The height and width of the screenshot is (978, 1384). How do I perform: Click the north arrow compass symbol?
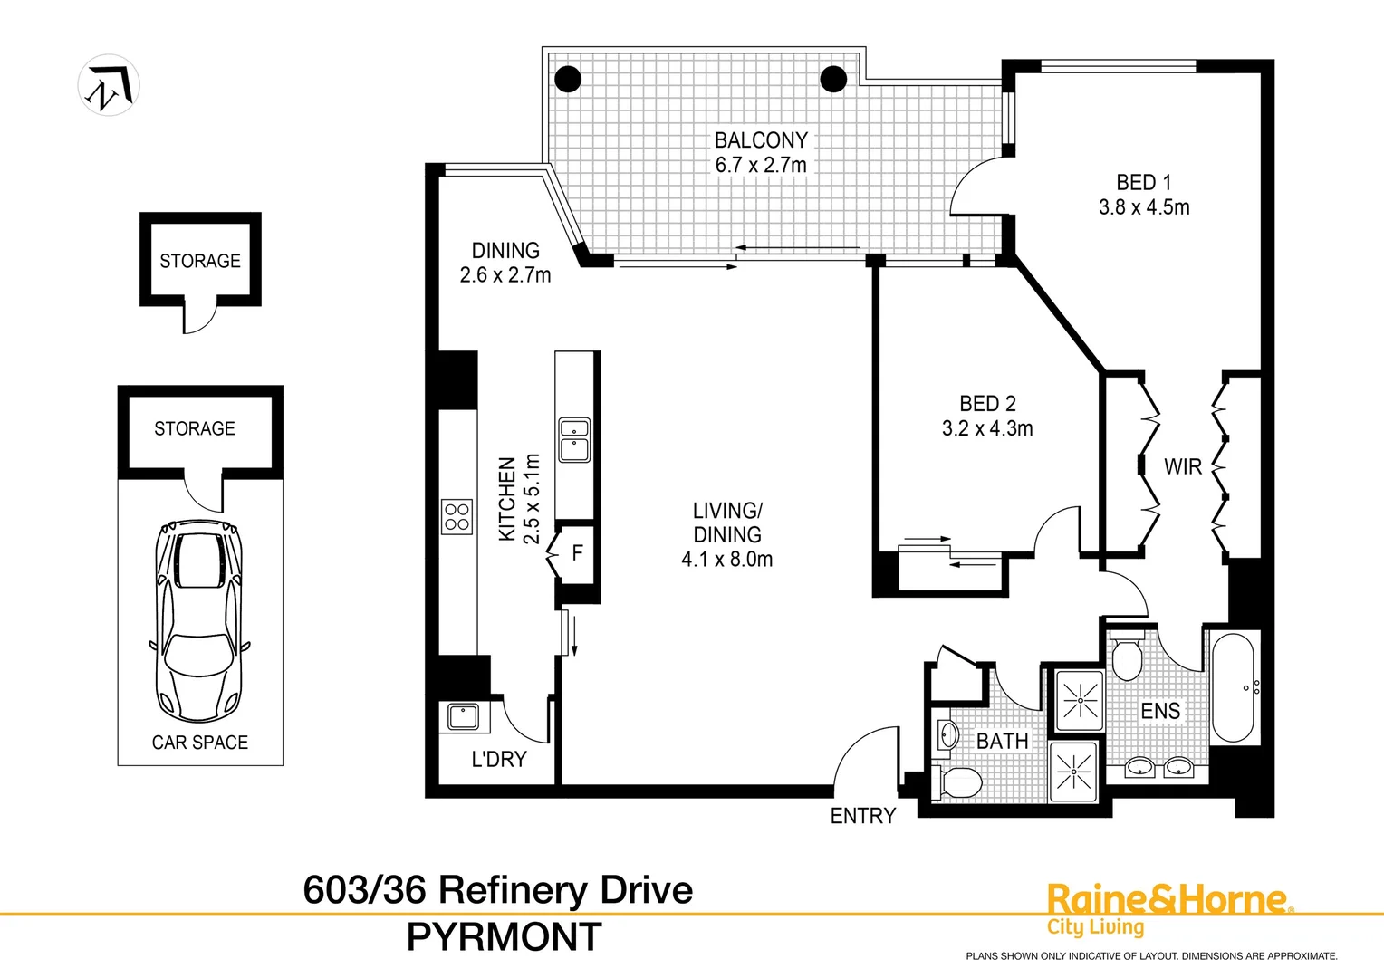(109, 85)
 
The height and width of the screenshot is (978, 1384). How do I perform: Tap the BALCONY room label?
(760, 140)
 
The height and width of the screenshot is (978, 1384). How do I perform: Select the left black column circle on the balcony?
(568, 79)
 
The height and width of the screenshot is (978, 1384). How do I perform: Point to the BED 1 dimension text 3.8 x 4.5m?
(1144, 207)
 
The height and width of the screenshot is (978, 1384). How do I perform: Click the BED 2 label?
(987, 404)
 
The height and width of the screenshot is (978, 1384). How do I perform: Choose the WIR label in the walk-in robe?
(1182, 467)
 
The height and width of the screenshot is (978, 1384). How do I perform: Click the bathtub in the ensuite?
(1232, 688)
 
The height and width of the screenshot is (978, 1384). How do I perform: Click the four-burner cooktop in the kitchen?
(457, 516)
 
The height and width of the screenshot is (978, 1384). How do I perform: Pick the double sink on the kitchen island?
(574, 440)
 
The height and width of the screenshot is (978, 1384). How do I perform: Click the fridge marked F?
(577, 553)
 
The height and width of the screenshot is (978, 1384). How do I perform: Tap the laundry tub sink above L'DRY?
(464, 717)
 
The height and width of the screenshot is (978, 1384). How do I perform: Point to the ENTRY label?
(862, 816)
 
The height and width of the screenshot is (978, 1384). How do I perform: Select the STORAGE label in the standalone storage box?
(200, 261)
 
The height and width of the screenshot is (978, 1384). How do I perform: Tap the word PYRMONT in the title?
(504, 937)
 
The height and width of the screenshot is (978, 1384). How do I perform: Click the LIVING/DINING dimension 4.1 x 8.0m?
(727, 560)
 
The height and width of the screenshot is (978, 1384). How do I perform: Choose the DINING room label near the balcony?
(505, 251)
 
